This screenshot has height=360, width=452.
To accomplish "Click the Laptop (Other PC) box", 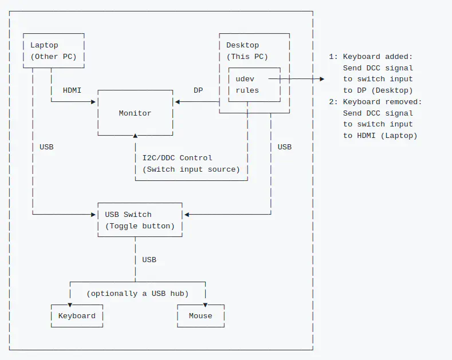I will click(53, 51).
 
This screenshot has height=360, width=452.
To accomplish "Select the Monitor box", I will click(135, 113).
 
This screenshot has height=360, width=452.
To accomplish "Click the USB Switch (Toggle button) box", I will click(139, 220).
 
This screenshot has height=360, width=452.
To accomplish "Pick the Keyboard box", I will click(77, 316).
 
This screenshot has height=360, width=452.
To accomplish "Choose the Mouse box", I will click(201, 316).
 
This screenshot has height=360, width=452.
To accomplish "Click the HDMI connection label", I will click(72, 90).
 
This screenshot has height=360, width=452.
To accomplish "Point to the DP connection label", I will click(198, 90).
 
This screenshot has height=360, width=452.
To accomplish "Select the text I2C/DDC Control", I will click(177, 158).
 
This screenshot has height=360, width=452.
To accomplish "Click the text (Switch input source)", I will click(191, 169).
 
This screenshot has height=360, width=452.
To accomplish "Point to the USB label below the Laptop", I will click(46, 147).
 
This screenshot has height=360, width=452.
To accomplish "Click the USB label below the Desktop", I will click(284, 147).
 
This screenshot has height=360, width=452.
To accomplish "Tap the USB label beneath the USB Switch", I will click(149, 260).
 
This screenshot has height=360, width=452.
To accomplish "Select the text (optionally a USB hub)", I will click(137, 294).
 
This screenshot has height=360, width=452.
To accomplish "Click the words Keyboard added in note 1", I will click(378, 57).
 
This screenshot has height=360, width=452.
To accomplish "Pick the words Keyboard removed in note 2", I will click(382, 102).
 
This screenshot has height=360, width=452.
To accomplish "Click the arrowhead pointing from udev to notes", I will click(321, 79).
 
